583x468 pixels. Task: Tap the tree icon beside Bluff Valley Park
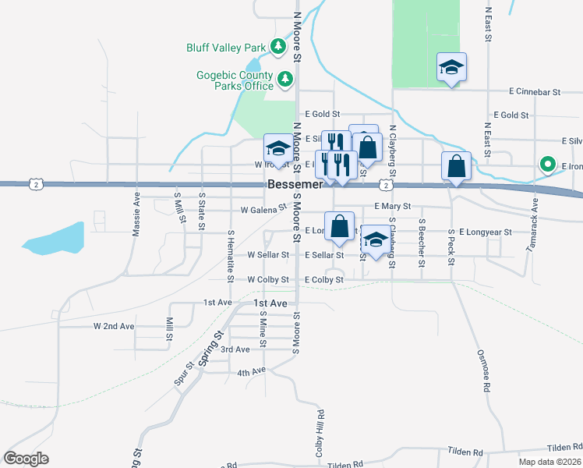click(278, 47)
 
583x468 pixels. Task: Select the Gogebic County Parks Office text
click(235, 80)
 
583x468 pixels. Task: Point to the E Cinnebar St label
click(534, 92)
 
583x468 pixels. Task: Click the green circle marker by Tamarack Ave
click(547, 165)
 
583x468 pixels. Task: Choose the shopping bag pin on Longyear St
click(340, 226)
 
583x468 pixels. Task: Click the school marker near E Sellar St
click(376, 240)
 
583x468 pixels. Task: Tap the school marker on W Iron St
click(277, 147)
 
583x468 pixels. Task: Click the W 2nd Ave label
click(114, 325)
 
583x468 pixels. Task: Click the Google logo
click(26, 459)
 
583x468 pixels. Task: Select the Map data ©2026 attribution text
click(549, 462)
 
